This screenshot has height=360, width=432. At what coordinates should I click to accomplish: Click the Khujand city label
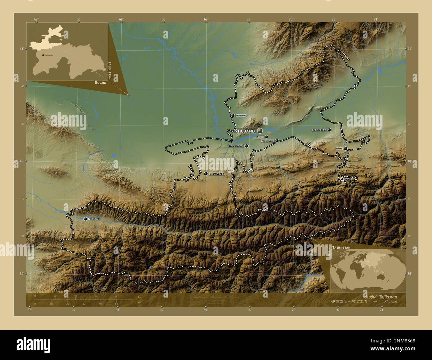tap(245, 131)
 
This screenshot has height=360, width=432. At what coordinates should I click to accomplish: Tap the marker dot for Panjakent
tap(86, 219)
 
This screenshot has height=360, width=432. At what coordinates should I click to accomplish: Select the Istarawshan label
tap(217, 174)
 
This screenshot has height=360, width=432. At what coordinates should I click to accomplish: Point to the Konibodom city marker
tap(329, 130)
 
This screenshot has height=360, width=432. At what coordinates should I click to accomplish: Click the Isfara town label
tap(339, 148)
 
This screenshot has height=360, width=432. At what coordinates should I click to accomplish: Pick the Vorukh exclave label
tap(348, 179)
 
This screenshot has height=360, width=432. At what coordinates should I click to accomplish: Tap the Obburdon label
tap(241, 115)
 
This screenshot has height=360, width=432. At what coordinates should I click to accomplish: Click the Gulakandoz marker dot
tap(247, 146)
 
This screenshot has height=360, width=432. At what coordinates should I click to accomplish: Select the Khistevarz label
tap(268, 141)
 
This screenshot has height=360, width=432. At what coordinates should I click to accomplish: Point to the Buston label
tap(260, 137)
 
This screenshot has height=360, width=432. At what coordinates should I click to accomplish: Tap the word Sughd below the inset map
tap(100, 82)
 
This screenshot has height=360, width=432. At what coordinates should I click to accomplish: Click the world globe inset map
tap(368, 269)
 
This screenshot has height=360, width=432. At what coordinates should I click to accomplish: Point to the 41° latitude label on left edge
tap(21, 49)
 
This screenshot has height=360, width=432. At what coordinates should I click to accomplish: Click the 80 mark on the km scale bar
tap(116, 296)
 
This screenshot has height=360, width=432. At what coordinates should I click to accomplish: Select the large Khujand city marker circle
tap(260, 131)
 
